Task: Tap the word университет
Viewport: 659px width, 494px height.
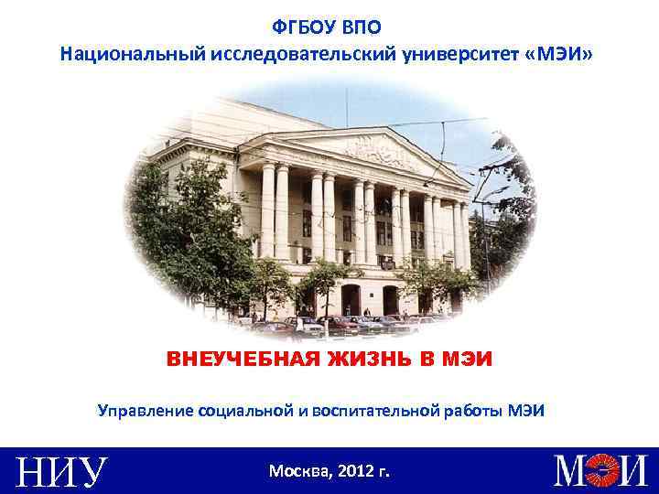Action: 462,55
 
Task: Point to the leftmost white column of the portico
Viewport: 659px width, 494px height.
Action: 267,210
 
